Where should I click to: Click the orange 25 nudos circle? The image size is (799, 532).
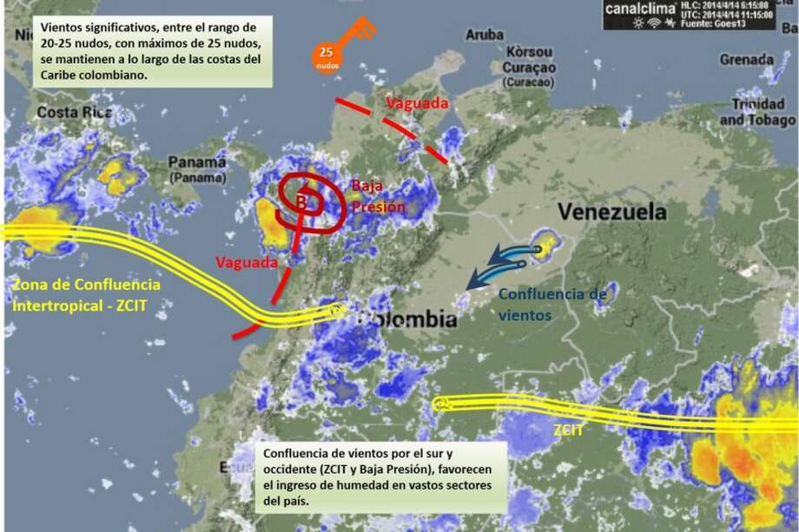(327, 56)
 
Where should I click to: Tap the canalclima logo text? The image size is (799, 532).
(638, 8)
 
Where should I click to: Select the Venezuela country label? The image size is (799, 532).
(611, 212)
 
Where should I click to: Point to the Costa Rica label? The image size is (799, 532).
(73, 113)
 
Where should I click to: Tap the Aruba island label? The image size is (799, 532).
(485, 35)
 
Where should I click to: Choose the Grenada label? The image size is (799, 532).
(746, 59)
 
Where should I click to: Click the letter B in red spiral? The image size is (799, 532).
(301, 202)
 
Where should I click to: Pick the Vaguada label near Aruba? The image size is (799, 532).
(418, 103)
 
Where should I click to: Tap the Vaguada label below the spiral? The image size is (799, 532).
(247, 261)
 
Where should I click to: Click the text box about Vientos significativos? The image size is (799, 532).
(153, 50)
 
